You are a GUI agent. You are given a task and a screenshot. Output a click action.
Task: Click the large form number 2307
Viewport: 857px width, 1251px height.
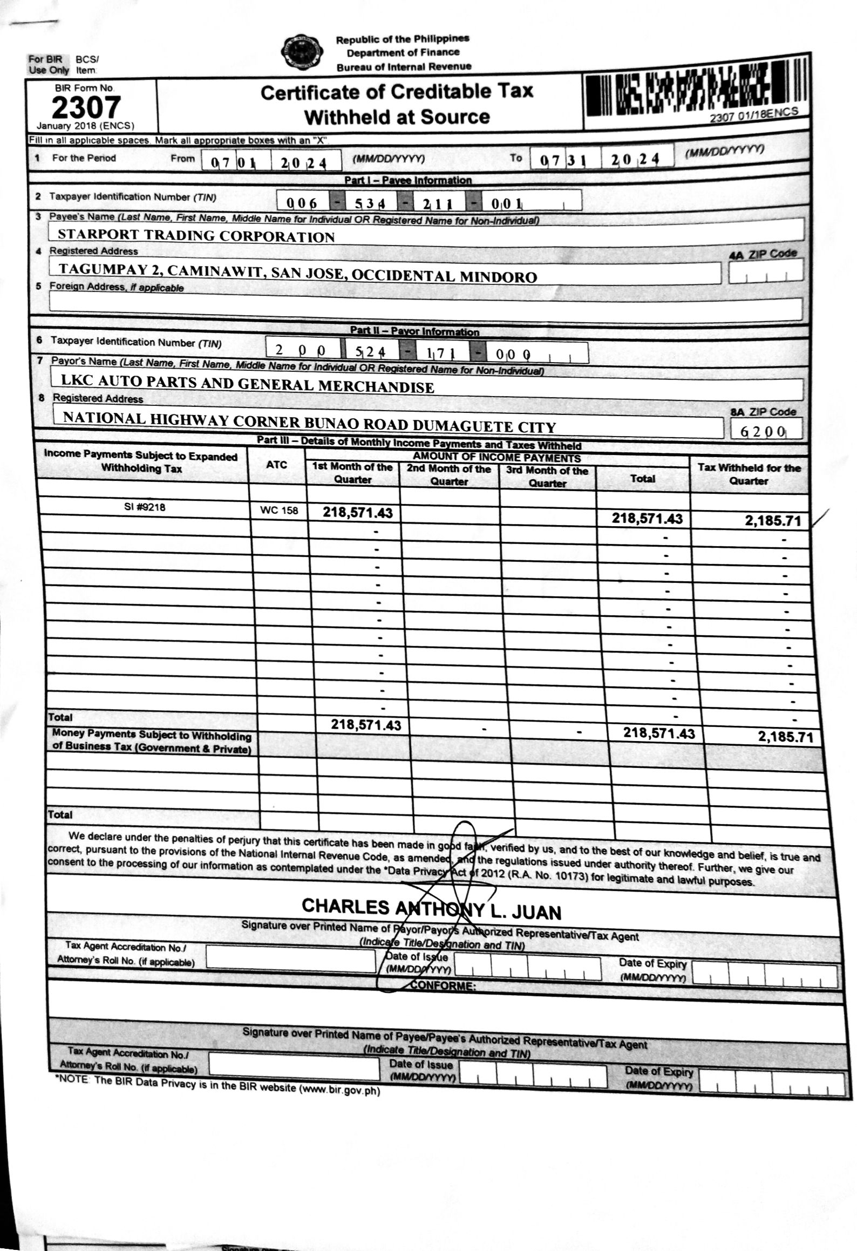(86, 108)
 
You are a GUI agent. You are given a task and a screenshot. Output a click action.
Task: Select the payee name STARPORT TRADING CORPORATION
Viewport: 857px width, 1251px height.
(196, 236)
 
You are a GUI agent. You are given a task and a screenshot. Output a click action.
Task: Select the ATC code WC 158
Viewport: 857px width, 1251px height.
(278, 511)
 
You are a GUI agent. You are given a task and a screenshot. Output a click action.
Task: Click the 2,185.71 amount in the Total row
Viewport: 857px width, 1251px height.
(785, 737)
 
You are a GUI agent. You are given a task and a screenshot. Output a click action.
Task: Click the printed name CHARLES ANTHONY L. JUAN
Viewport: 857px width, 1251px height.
(431, 909)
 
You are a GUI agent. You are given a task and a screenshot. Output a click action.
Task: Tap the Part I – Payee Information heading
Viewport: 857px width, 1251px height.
(407, 180)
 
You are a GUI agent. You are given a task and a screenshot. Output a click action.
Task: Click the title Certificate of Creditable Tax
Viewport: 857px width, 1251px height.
(397, 92)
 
